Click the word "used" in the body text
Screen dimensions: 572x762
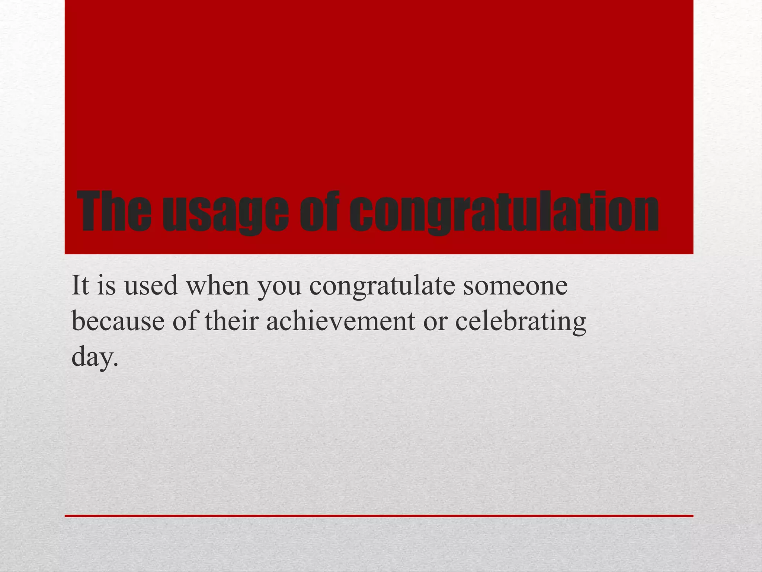(151, 286)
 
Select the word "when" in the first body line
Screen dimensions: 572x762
(218, 286)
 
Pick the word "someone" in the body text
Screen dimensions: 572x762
(515, 286)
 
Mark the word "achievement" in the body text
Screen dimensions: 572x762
(340, 321)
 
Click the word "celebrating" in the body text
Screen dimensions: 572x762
(521, 322)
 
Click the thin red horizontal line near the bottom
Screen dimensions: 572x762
(379, 516)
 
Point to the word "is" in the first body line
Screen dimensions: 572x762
(107, 286)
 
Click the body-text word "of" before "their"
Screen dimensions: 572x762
(185, 321)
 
